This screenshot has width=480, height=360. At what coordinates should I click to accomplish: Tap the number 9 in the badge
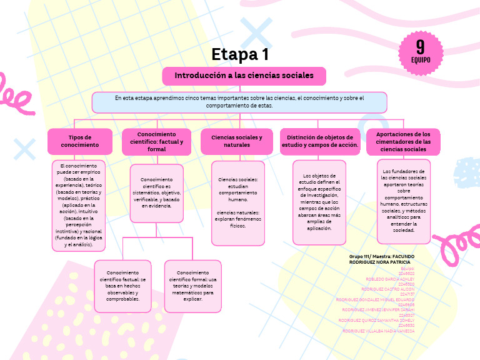click(x=421, y=47)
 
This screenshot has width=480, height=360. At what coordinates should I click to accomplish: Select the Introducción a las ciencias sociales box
click(x=244, y=76)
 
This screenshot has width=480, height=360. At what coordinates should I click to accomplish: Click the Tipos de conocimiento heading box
click(x=80, y=141)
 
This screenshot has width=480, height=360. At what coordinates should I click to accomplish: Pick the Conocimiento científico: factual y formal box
click(x=156, y=141)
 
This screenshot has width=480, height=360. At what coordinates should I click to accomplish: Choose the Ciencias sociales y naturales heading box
click(x=237, y=141)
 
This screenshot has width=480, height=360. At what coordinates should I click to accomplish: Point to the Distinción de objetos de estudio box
click(x=319, y=141)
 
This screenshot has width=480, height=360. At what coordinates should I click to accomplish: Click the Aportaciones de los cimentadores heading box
click(x=403, y=141)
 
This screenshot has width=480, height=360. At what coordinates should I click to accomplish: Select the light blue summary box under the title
click(x=239, y=102)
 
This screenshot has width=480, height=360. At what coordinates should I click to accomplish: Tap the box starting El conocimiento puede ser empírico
click(x=79, y=206)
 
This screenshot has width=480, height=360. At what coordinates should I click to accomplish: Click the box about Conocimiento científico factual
click(x=122, y=286)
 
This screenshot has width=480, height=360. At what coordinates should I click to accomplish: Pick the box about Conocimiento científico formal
click(x=192, y=286)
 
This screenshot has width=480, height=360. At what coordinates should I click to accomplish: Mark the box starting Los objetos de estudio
click(x=319, y=202)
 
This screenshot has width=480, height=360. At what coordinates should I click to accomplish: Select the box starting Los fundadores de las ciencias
click(x=403, y=201)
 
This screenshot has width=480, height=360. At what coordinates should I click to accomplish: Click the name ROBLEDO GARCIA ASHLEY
click(x=390, y=279)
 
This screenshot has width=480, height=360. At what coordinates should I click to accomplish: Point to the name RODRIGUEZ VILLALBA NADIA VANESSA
click(x=378, y=331)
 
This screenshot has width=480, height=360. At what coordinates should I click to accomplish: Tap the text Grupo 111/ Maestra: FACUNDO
click(x=381, y=257)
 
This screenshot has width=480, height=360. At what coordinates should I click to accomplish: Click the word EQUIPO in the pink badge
click(x=421, y=60)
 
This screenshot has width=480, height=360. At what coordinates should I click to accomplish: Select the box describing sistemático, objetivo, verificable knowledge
click(x=156, y=192)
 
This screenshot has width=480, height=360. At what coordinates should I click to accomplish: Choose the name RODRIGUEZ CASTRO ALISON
click(x=387, y=289)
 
